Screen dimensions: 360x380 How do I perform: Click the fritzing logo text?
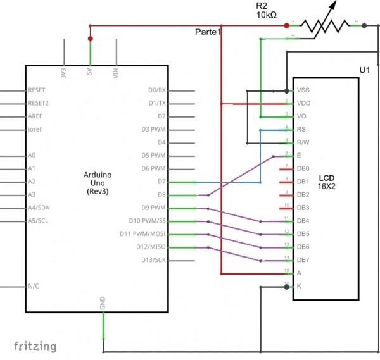pos(35,346)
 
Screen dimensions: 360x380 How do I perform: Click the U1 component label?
pos(364,69)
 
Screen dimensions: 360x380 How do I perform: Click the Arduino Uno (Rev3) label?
pos(98,182)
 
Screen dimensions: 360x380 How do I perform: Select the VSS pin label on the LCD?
pos(303,90)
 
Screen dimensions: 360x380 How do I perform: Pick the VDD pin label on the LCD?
pos(303,104)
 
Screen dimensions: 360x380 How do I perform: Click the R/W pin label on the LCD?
pos(303,142)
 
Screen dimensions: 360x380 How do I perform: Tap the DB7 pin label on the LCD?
pos(303,260)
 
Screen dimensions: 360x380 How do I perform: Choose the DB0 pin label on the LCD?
pos(303,169)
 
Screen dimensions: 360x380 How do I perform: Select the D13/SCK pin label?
pos(152,260)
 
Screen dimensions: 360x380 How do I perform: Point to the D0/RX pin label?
pos(156,90)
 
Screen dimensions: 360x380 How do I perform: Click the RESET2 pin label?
pos(39,103)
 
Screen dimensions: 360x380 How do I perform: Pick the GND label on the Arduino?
pos(103,303)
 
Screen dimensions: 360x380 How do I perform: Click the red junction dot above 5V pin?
pos(90,39)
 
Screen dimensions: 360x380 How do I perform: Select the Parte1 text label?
pos(208,32)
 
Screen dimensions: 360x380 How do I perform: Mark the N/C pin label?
pos(34,286)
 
